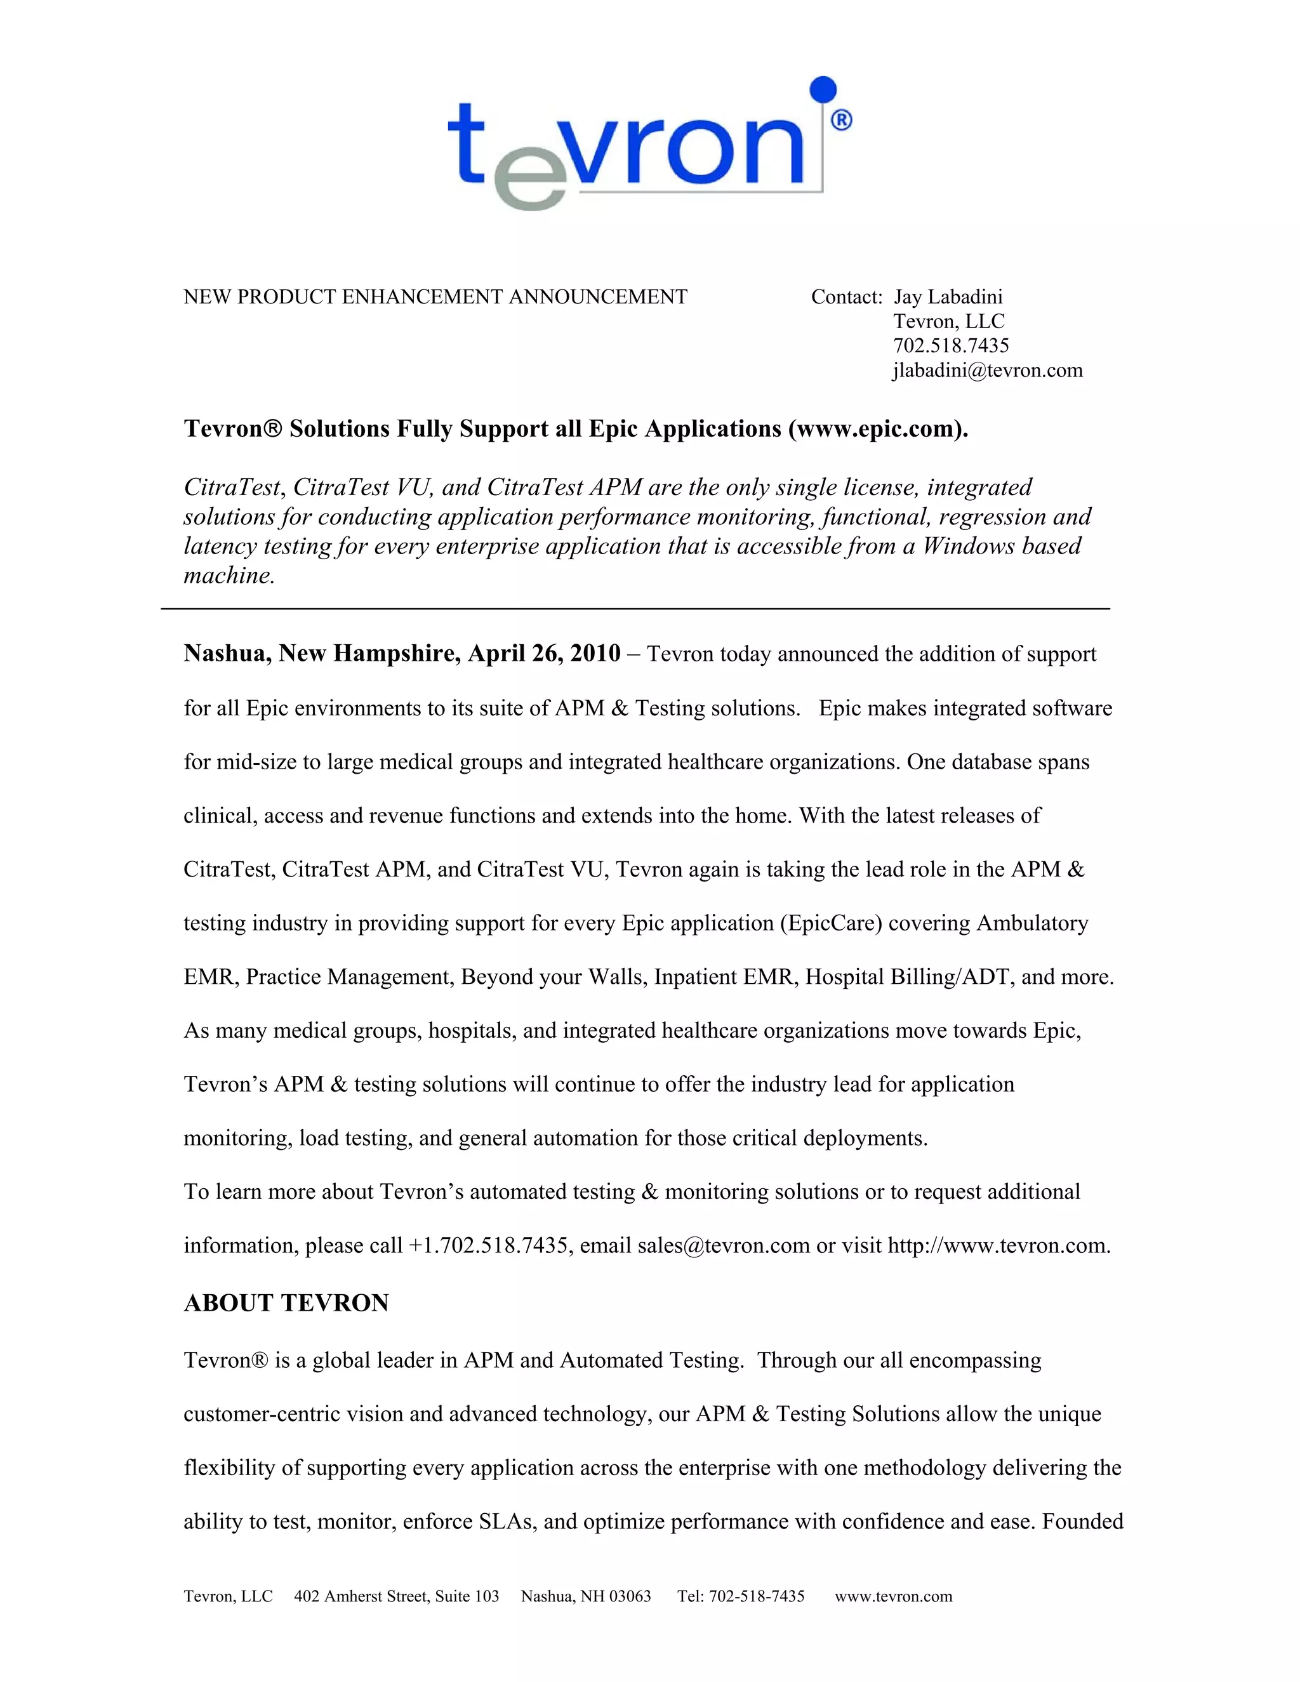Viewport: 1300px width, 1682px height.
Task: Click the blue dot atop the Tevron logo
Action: coord(823,89)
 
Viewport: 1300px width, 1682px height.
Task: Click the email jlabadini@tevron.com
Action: coord(987,371)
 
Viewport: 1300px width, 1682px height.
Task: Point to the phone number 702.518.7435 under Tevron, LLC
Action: coord(950,346)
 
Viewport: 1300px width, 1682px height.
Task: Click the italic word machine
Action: coord(229,575)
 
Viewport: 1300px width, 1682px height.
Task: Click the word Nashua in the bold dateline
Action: coord(227,653)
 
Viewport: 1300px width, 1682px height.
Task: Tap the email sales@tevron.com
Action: coord(723,1245)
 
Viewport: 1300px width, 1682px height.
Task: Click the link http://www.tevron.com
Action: coord(997,1245)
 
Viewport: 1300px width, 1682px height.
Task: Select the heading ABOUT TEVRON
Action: coord(286,1303)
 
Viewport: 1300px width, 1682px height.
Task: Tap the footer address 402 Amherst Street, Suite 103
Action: coord(396,1596)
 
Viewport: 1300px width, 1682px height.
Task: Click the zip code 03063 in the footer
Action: coord(630,1596)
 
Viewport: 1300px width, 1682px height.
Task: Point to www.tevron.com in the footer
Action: coord(893,1596)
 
